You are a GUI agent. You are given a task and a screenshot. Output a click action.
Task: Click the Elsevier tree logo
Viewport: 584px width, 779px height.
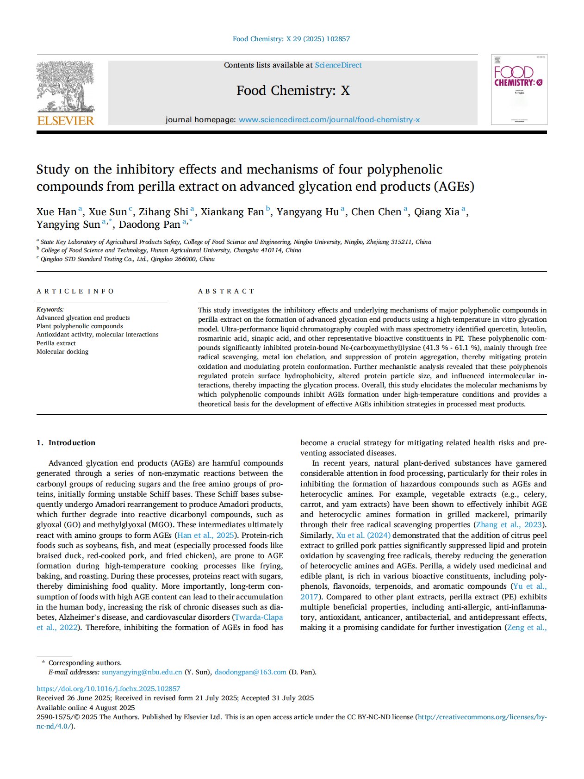65,87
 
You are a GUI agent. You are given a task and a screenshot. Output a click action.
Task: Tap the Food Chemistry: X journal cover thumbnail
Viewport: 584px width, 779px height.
519,90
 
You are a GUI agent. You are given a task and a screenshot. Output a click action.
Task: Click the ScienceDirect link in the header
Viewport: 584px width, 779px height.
338,65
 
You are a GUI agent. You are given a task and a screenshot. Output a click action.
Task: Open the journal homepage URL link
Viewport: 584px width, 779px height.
329,120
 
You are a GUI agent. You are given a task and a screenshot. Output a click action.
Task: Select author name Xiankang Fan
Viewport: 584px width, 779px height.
232,212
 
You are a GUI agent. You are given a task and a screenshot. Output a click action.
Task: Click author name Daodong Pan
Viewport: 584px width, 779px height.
149,224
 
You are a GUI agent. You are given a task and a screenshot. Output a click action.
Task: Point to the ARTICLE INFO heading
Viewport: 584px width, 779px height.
75,291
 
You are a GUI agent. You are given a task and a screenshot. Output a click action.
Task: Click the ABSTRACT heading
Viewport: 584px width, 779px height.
226,291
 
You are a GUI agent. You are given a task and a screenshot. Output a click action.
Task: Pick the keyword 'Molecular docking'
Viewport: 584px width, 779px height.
62,352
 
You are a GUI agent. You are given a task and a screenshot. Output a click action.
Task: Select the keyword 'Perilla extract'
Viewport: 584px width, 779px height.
56,343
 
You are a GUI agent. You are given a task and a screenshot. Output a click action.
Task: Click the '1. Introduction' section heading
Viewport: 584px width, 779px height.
66,443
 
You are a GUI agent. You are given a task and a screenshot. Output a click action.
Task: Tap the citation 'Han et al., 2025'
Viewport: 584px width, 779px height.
206,536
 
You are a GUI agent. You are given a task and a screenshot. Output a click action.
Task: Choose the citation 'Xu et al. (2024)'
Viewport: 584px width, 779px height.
363,536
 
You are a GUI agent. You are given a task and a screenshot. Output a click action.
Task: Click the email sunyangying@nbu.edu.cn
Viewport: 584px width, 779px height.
142,672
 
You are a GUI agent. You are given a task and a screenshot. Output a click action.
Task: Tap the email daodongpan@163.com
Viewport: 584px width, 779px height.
250,672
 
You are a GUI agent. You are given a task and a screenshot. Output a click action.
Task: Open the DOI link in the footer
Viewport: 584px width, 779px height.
108,689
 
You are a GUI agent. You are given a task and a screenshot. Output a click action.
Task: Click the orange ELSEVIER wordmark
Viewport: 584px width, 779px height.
65,121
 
